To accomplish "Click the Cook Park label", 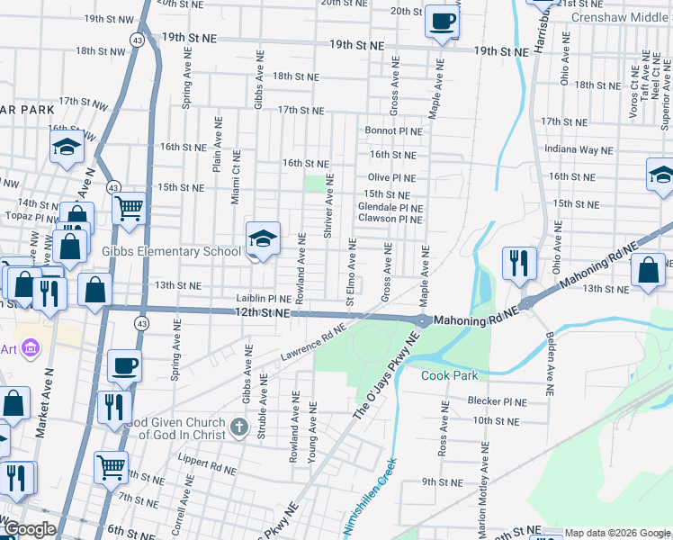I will point(450,375).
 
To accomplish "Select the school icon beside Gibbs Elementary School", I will point(263,238).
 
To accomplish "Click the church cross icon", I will point(238,425).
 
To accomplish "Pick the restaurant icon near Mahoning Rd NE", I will point(519,263).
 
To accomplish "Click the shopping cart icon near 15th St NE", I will point(130,209).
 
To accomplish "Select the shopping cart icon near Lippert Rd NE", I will point(112,466).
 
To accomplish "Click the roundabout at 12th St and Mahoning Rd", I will point(423,320).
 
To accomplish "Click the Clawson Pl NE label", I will point(390,219).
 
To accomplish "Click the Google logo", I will point(30,530).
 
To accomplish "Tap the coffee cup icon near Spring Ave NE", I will point(124,365).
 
